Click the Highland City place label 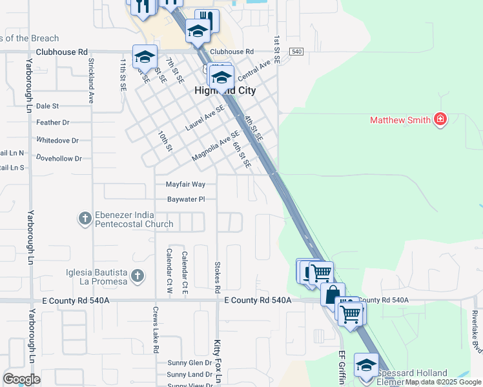(x=225, y=91)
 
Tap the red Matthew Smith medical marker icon (x=440, y=119)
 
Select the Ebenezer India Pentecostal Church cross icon (x=85, y=219)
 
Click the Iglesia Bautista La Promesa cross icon (x=136, y=277)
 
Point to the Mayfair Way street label (x=185, y=184)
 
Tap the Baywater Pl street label (x=186, y=199)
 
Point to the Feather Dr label (x=53, y=123)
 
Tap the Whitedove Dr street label (x=57, y=140)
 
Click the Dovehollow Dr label (x=59, y=158)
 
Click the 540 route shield (x=296, y=52)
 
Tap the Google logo (x=21, y=379)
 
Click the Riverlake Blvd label (x=475, y=329)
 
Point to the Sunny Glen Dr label (x=190, y=363)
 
